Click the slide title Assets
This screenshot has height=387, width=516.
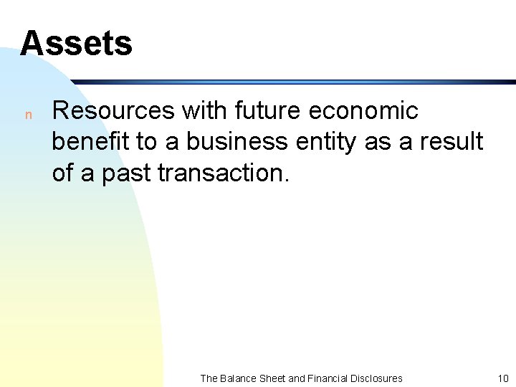[x=76, y=43]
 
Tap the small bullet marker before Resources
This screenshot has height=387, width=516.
[x=28, y=115]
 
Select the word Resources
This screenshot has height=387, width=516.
[x=113, y=111]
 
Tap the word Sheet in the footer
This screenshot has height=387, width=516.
[x=272, y=378]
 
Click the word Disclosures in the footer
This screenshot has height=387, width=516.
[x=378, y=378]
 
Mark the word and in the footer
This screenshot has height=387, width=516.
[x=297, y=378]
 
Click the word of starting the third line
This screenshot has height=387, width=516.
[x=62, y=173]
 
